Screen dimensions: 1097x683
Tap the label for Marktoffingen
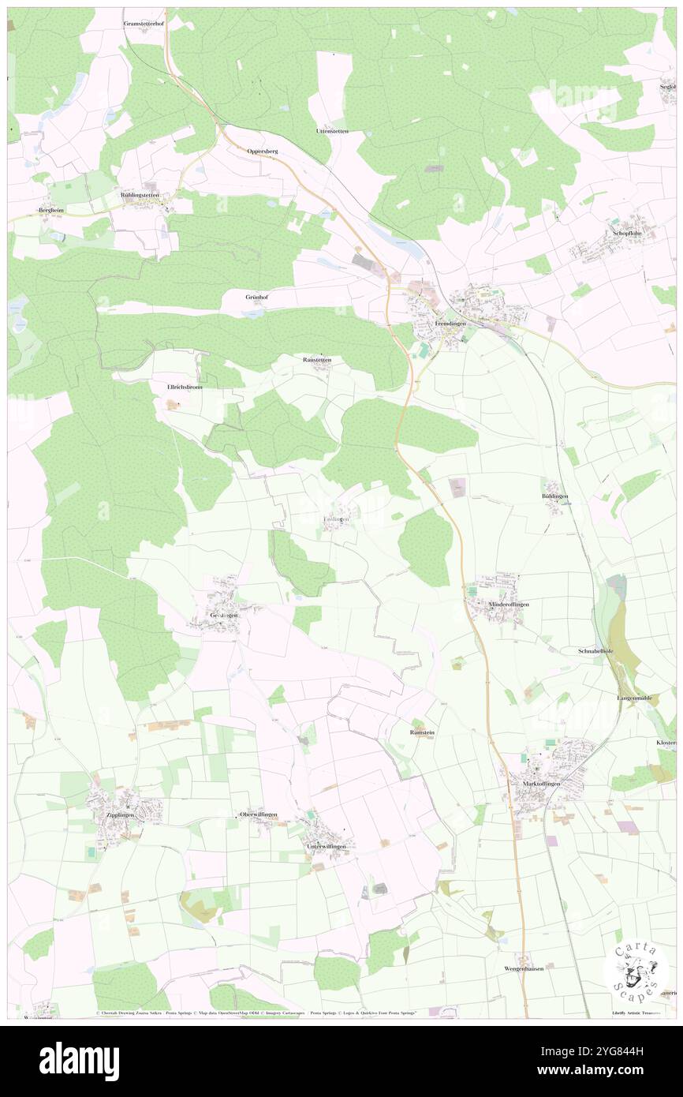[541, 784]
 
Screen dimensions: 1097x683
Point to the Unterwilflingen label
[326, 846]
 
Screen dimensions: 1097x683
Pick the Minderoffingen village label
[509, 604]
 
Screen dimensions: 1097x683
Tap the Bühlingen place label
[555, 496]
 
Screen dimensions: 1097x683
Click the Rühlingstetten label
[140, 194]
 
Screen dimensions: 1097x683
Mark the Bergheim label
[50, 210]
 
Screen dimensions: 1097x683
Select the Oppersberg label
[263, 150]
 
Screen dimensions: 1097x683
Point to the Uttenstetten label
[331, 130]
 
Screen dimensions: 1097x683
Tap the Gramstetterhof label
[142, 24]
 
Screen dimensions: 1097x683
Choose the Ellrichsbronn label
[185, 388]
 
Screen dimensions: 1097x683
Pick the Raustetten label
[317, 360]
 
